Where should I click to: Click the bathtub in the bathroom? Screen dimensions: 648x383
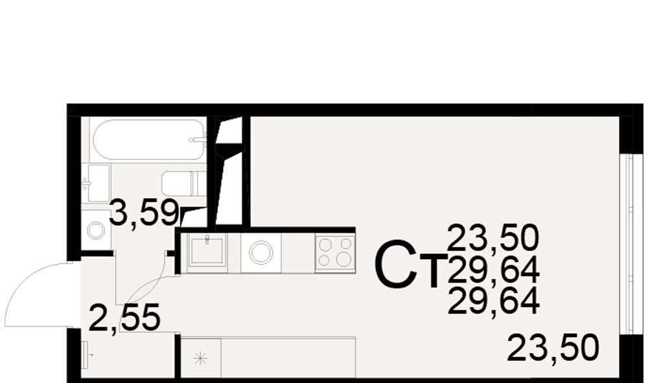coord(149,140)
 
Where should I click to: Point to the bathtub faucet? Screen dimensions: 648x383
coord(198,140)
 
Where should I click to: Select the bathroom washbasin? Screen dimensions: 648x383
coord(96,183)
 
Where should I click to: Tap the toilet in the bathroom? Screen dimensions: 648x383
coord(184,184)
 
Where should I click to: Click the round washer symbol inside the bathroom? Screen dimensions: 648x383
coord(97,230)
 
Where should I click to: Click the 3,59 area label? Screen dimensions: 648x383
coord(144,213)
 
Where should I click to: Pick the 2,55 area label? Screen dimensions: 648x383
coord(124,318)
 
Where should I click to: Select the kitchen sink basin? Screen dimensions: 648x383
coord(207,250)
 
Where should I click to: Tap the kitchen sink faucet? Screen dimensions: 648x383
coord(207,239)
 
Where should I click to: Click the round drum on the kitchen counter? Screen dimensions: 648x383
coord(260,252)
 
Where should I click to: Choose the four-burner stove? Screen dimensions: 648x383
coord(335,252)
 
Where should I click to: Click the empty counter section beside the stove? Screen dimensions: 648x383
coord(298,252)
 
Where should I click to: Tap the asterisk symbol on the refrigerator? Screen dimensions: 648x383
coord(200,358)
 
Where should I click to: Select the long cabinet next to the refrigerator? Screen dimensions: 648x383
coord(288,357)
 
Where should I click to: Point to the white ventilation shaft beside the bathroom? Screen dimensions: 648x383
coord(230,173)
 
